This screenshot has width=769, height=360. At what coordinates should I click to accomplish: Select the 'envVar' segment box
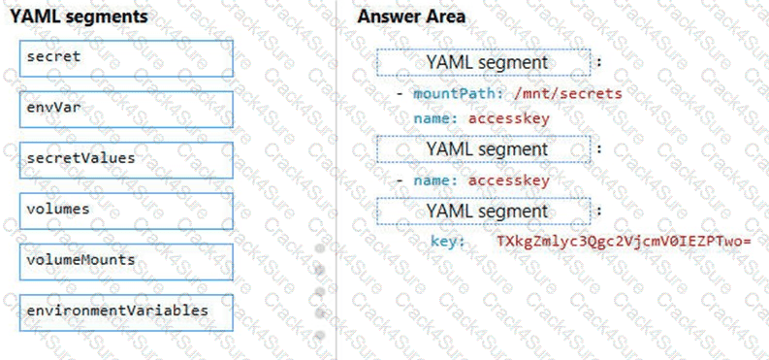pos(126,109)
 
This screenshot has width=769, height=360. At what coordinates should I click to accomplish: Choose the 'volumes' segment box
pos(126,210)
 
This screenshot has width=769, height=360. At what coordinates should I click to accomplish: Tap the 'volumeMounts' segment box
pos(126,261)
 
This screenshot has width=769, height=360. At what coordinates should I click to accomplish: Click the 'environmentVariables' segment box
pos(126,311)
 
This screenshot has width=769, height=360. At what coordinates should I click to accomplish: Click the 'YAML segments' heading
pos(80,16)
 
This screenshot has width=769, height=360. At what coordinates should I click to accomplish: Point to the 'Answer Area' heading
pos(411,16)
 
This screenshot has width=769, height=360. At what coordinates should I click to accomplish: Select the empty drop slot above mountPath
pos(485,63)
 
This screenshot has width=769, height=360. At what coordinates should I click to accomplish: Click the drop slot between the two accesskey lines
pos(485,149)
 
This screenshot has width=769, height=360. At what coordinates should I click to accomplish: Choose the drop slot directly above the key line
pos(485,211)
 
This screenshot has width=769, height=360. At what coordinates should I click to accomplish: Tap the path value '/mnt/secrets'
pos(566,94)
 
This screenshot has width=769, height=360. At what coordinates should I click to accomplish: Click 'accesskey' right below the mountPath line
pos(509,118)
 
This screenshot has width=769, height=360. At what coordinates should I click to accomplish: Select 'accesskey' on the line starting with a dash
pos(509,180)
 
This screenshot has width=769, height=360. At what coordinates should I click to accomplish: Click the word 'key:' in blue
pos(448,241)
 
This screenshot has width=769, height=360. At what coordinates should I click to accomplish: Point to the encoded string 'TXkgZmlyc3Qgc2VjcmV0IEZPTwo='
pos(625,241)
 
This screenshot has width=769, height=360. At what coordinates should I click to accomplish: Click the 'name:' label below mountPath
pos(435,118)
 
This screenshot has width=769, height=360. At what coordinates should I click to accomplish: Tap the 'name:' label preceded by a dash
pos(435,180)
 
